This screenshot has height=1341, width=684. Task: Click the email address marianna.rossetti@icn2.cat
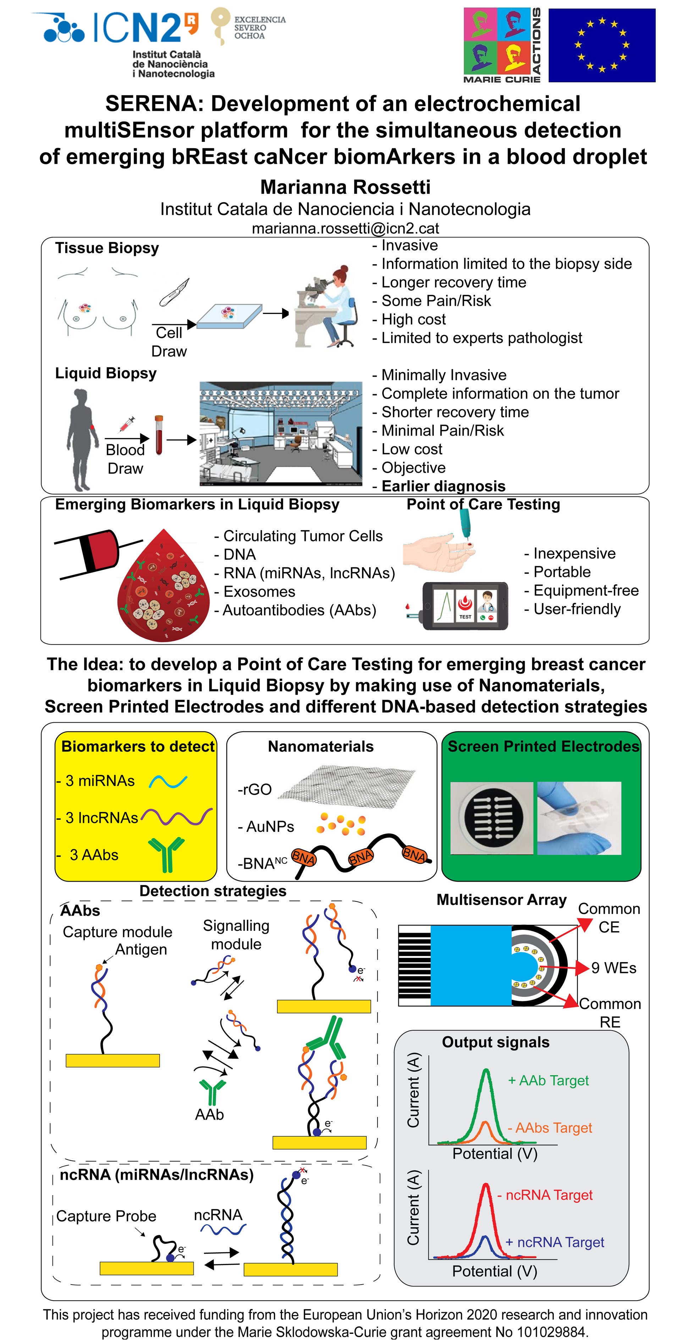345,228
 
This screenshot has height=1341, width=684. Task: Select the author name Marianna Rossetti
345,187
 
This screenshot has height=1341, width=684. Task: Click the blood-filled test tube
159,435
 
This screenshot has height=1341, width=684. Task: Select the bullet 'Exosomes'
259,591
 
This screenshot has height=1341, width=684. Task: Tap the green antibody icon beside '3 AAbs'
167,854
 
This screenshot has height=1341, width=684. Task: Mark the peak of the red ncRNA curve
486,1185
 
